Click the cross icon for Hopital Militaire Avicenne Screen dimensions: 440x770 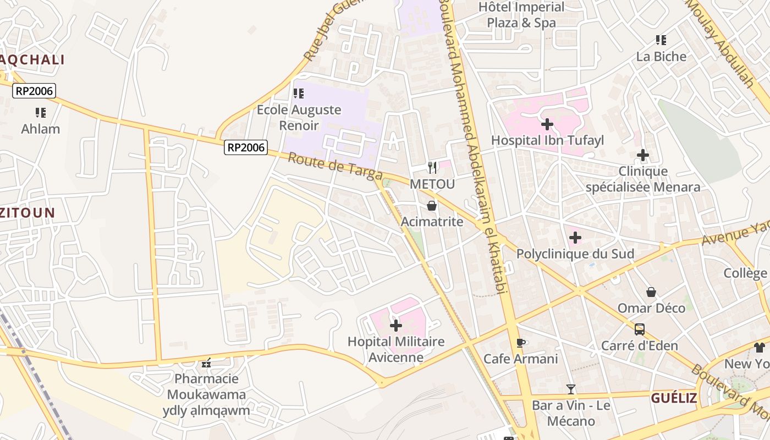pos(396,326)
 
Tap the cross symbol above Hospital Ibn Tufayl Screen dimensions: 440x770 pos(547,124)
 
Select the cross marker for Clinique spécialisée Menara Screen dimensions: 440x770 pos(643,156)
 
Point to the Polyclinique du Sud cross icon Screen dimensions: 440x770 pos(575,238)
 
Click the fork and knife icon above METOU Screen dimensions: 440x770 pos(433,168)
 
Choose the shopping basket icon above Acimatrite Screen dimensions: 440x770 pos(432,206)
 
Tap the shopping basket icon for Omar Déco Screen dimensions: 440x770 pos(651,292)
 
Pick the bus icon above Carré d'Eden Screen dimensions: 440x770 pos(640,329)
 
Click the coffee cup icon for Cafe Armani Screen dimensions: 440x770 pos(521,343)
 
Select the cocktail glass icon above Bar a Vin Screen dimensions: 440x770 pos(571,389)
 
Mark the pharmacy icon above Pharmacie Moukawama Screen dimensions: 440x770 pos(207,363)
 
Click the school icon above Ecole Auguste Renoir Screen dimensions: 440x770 pos(299,94)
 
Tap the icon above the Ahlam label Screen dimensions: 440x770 pos(41,113)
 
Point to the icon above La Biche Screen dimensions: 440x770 pos(661,40)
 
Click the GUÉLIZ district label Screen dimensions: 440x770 pos(674,398)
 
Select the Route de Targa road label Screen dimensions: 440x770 pos(335,166)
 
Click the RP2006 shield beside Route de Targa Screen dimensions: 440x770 pos(245,147)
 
